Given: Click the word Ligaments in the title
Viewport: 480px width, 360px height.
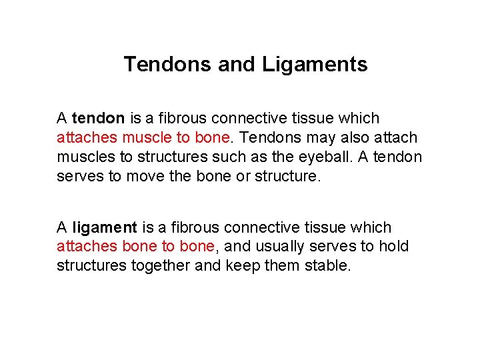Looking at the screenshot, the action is point(315,65).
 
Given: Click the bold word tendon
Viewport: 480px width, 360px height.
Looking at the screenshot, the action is point(98,119).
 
